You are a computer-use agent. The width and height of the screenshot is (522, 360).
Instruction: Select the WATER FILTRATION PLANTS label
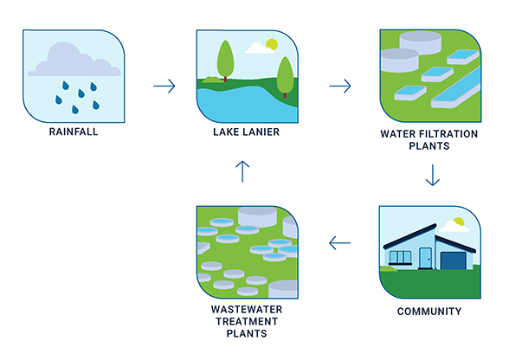pyautogui.click(x=429, y=140)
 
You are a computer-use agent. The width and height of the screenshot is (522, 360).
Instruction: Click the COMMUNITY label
pyautogui.click(x=429, y=311)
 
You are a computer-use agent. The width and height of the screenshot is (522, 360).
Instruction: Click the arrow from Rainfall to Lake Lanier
pyautogui.click(x=164, y=86)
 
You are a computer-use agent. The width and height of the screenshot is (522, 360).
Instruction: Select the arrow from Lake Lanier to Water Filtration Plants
pyautogui.click(x=340, y=86)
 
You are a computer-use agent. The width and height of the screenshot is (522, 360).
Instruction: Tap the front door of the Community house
pyautogui.click(x=425, y=258)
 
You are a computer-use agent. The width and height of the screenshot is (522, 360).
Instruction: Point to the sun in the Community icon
pyautogui.click(x=459, y=222)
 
